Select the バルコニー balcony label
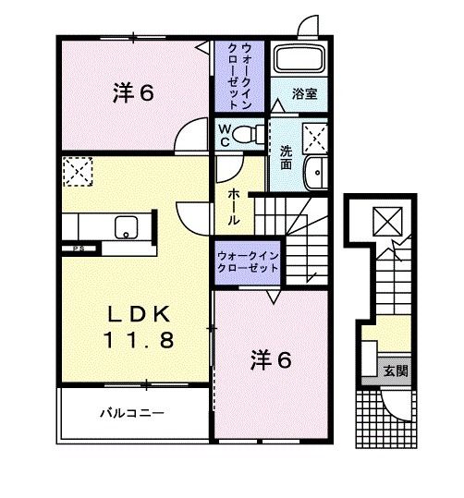(x=132, y=412)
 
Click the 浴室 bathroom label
(x=304, y=93)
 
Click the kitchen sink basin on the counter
(x=124, y=227)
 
